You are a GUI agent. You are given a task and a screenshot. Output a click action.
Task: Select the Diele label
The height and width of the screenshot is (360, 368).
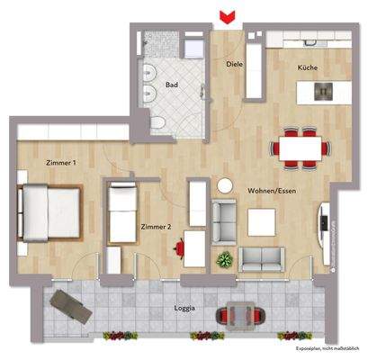point(235,64)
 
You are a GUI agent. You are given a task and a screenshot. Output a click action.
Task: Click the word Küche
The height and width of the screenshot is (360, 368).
point(309,67)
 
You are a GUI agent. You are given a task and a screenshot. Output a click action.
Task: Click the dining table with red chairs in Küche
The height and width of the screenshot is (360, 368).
point(300,146)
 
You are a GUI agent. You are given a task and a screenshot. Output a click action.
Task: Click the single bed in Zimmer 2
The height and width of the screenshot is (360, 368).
point(121,213)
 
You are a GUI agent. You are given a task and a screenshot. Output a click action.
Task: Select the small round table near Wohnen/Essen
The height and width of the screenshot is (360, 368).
point(224,184)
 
